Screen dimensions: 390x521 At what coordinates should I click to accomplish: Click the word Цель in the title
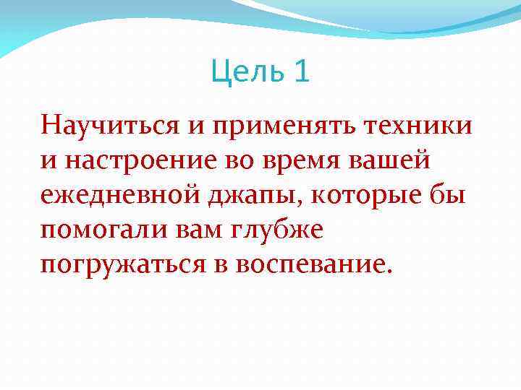[246, 72]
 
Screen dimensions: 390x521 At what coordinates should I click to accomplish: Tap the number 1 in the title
[301, 72]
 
